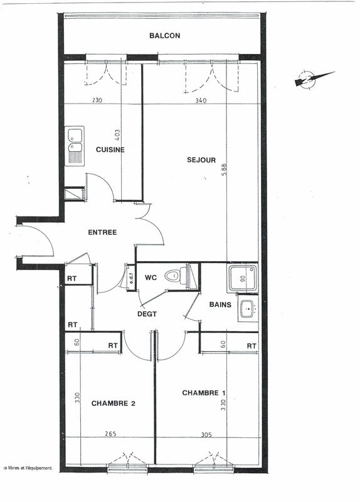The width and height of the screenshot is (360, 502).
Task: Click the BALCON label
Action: coord(164,36)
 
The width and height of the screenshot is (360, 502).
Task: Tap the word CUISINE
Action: coord(110,150)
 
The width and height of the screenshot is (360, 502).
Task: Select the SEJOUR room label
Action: coord(201,160)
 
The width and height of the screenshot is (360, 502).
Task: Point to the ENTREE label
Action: coord(102,232)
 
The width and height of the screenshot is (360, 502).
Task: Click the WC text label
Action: coord(151,277)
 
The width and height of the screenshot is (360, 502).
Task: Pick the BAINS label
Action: coord(220,305)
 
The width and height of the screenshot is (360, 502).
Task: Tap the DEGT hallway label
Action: coord(147,314)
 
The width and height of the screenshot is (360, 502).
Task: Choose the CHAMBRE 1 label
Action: coord(204,393)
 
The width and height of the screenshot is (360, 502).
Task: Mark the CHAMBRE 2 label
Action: coord(113,403)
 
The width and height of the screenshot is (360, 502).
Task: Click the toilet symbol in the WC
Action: coord(176,275)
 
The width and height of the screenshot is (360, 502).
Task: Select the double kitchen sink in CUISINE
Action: coord(75,146)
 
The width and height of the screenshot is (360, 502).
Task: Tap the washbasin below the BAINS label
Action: coord(247,309)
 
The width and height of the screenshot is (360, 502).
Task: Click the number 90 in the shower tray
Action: coord(241,278)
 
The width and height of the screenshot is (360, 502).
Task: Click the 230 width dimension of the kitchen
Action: coord(97,100)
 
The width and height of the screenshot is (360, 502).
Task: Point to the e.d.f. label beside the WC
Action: coord(132,277)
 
